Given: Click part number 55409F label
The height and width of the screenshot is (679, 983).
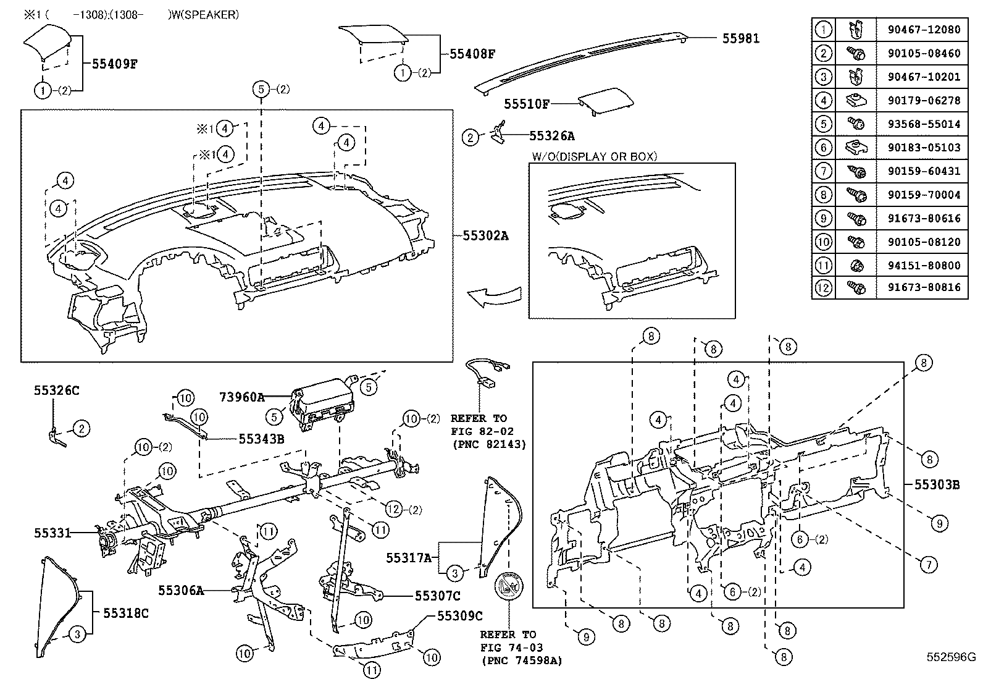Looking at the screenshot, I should (114, 63).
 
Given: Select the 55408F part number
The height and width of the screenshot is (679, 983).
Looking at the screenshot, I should (472, 54).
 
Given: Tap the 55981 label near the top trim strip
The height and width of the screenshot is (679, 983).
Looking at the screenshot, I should (740, 38).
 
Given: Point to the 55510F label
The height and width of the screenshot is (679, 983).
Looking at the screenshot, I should (526, 104).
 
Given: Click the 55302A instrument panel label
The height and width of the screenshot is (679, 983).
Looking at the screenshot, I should (485, 235).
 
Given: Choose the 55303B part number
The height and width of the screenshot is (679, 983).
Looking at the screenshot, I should (937, 485).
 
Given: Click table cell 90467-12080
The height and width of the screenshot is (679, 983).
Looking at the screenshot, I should (924, 29).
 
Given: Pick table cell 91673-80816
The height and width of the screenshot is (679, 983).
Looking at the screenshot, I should (924, 288).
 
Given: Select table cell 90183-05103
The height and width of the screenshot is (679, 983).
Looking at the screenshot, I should (924, 147).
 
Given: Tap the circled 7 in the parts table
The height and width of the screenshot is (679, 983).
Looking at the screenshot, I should (823, 171).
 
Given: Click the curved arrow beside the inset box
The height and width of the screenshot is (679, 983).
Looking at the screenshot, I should (493, 297).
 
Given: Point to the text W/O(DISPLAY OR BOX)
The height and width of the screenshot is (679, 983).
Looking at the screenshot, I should (594, 157).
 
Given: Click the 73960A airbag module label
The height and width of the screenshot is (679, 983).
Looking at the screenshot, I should (241, 397).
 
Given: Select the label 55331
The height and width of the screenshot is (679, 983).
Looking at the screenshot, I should (52, 533).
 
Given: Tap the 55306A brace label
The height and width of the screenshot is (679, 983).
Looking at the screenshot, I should (180, 590).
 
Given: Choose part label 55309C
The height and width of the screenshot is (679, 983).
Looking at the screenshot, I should (459, 616).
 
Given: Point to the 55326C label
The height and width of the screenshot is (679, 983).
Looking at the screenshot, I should (56, 390).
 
